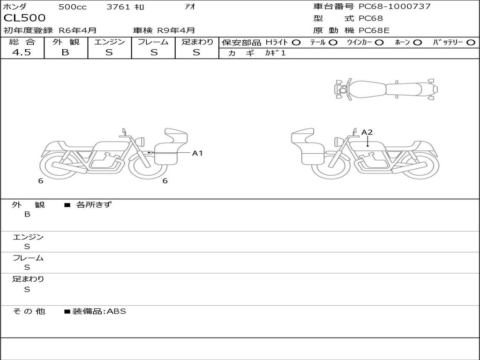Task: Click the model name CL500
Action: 24,18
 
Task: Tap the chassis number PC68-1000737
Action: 395,7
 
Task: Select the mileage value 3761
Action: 118,7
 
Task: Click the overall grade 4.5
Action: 22,52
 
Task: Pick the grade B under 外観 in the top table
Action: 65,52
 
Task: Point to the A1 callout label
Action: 197,153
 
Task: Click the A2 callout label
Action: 367,132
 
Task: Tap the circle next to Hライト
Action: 296,43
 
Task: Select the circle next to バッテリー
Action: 471,43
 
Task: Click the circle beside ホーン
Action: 417,43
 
